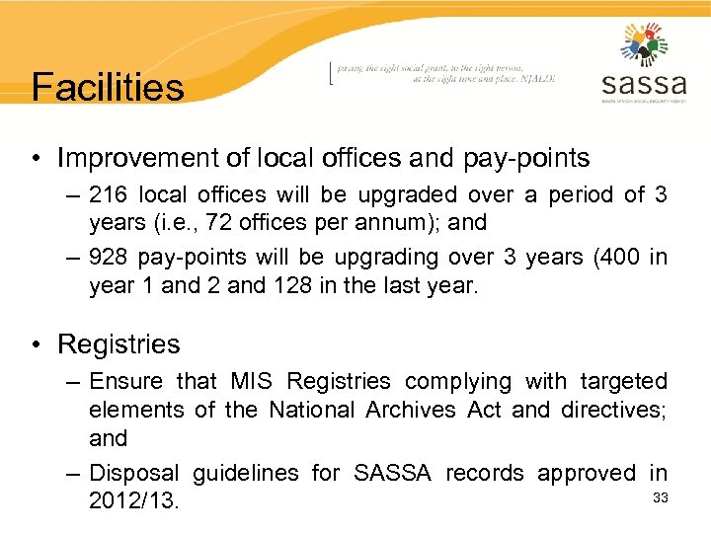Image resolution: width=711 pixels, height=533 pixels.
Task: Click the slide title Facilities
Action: [x=108, y=87]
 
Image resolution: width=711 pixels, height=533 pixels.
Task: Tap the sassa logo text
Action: [x=644, y=82]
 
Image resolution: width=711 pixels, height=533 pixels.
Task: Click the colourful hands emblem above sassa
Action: [x=644, y=43]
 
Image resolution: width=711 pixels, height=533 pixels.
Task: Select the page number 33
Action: [x=661, y=497]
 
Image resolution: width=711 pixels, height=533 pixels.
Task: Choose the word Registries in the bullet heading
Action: [x=118, y=344]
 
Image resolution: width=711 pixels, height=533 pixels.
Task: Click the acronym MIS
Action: [x=252, y=381]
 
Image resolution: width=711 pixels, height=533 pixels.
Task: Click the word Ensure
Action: [x=126, y=381]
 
